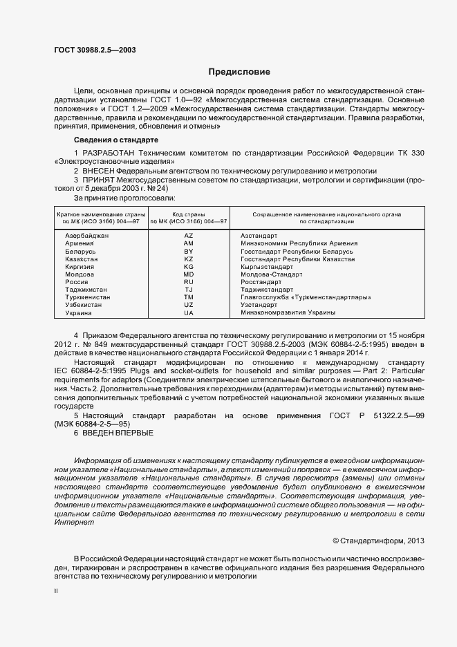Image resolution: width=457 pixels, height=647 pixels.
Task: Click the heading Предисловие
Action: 240,72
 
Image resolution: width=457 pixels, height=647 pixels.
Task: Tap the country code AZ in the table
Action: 189,236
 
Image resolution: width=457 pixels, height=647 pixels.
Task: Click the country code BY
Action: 189,251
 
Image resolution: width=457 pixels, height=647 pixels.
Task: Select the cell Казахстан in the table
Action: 82,259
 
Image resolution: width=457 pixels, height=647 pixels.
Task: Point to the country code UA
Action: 189,312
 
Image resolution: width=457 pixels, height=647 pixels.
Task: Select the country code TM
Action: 189,297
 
